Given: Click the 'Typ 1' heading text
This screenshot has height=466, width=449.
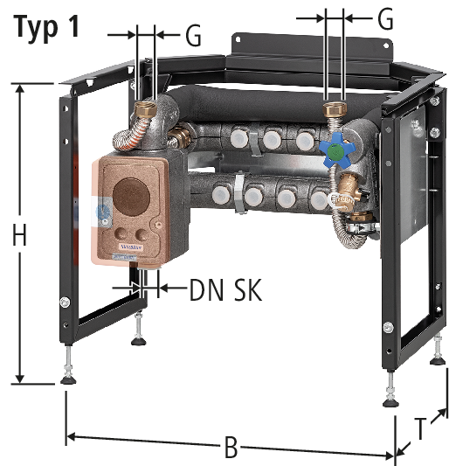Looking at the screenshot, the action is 46,28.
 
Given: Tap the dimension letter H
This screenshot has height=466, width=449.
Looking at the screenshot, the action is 19,235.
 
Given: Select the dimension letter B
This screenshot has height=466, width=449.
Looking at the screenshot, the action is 231,447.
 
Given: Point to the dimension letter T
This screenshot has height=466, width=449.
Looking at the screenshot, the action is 420,429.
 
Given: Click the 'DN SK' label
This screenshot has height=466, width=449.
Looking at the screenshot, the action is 225,290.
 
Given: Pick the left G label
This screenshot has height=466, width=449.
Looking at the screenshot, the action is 193,35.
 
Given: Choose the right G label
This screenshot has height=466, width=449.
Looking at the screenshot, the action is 385,19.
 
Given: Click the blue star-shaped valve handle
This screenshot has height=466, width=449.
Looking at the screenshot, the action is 337,150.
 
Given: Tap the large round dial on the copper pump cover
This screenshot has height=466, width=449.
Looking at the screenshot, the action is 131,197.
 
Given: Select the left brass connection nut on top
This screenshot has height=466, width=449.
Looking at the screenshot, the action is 145,109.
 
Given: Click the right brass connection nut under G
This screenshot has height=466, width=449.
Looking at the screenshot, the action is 335,109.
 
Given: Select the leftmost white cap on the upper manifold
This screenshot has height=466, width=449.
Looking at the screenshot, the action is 239,138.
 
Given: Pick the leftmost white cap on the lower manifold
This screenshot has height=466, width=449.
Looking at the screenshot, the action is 222,194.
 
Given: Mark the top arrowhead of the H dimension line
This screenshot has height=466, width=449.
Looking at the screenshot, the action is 19,88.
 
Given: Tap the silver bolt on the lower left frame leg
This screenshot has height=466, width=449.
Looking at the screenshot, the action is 65,303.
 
